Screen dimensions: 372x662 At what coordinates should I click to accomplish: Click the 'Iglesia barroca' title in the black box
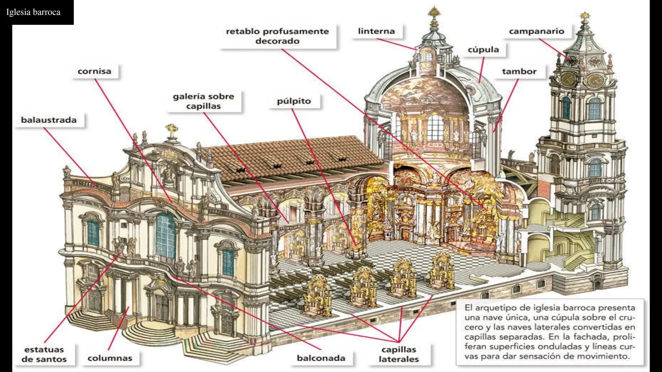coord(33,12)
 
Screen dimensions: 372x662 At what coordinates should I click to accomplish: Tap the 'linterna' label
coord(376,31)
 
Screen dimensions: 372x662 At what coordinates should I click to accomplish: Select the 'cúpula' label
coord(483,50)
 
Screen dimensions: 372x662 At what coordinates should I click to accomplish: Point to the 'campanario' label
coord(536,31)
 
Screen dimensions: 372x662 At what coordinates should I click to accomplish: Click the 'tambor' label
coord(519,71)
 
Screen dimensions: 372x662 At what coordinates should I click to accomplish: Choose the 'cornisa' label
coord(94,71)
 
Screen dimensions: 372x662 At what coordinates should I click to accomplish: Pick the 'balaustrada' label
coord(49,120)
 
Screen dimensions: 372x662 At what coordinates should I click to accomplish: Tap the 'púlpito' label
coord(294,101)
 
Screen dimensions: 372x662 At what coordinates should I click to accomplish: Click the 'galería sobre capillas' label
coord(203,101)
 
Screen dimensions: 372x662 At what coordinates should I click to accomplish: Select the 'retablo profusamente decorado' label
coord(277,36)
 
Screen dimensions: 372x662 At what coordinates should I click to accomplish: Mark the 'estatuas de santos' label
coord(44,354)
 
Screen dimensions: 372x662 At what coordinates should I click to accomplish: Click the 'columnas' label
coord(110,358)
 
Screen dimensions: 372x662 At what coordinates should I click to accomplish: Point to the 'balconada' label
coord(321,358)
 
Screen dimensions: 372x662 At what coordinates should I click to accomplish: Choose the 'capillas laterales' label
coord(399,354)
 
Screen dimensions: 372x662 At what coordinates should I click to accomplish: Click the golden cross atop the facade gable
coord(171,130)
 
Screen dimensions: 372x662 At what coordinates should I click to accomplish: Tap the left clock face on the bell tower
coord(568,80)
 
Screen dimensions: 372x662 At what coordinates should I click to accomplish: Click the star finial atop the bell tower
coord(584,15)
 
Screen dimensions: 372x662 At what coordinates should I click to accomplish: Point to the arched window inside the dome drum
coord(435,127)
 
